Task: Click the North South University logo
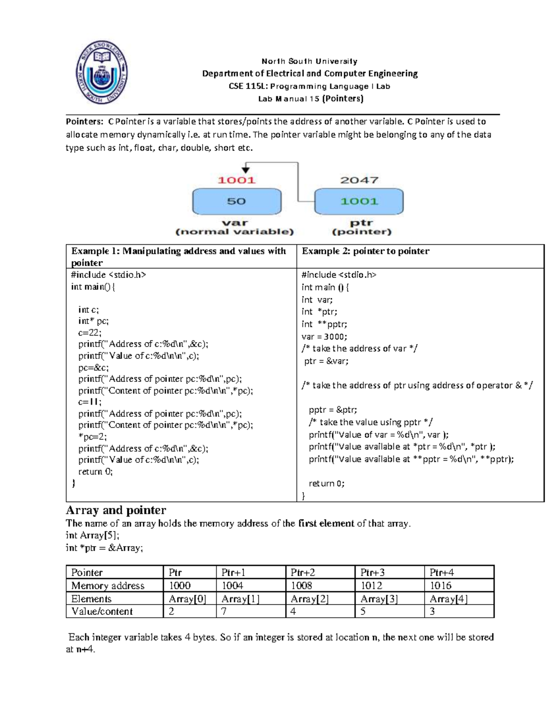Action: (101, 72)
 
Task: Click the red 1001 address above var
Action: (237, 180)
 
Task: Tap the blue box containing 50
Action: (237, 201)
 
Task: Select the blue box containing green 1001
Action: (359, 201)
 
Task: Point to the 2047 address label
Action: (359, 180)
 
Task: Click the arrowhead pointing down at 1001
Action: (245, 170)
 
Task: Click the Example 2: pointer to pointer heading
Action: (365, 251)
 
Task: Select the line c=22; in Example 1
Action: (90, 332)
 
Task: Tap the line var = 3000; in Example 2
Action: (324, 337)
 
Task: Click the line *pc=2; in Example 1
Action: (92, 437)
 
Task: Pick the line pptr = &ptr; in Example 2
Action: (333, 410)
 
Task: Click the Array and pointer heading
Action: (116, 510)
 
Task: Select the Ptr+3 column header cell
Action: (372, 572)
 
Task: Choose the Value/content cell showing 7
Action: (224, 612)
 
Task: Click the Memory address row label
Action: (108, 586)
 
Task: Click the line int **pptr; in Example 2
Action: (324, 324)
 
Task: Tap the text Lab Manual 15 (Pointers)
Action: (311, 98)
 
